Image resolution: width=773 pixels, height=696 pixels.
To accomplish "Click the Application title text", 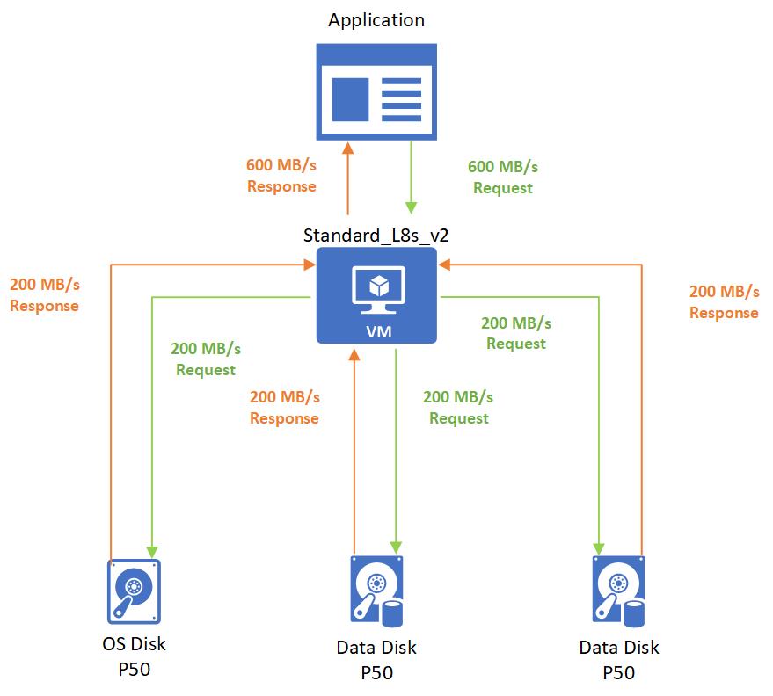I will pyautogui.click(x=376, y=20).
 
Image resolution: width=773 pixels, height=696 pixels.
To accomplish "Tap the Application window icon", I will pyautogui.click(x=376, y=91).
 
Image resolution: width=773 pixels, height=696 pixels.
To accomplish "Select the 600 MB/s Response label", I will pyautogui.click(x=281, y=175).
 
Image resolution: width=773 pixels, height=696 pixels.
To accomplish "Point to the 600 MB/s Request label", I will pyautogui.click(x=503, y=177).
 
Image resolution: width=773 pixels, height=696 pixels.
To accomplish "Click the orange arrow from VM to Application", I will pyautogui.click(x=349, y=180).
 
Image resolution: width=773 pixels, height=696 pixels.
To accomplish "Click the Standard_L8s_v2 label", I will pyautogui.click(x=376, y=236).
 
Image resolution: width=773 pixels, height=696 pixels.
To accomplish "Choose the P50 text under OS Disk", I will pyautogui.click(x=134, y=669).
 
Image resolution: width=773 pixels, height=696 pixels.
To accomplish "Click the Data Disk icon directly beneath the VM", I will pyautogui.click(x=376, y=591).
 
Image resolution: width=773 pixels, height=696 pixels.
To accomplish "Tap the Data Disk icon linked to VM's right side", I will pyautogui.click(x=619, y=591).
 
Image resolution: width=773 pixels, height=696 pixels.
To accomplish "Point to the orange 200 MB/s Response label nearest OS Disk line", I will pyautogui.click(x=44, y=295).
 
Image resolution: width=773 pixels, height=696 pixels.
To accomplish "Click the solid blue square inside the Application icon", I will pyautogui.click(x=349, y=99).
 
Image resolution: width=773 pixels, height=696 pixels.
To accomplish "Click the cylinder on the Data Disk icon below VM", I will pyautogui.click(x=393, y=613).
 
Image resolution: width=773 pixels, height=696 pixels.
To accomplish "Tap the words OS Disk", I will pyautogui.click(x=134, y=644).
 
